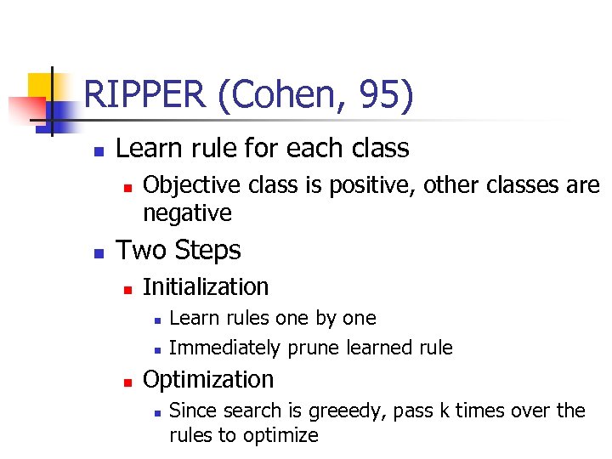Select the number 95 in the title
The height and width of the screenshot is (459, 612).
tap(382, 95)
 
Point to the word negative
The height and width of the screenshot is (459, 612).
tap(187, 212)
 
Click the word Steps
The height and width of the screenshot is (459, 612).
tap(210, 251)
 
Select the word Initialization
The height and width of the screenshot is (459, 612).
tap(206, 287)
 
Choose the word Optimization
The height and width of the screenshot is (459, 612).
tap(208, 379)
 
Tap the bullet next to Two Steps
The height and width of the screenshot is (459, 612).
tap(99, 253)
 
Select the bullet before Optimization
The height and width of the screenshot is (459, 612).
tap(127, 382)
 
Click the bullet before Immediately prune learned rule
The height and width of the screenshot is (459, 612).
tap(156, 349)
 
